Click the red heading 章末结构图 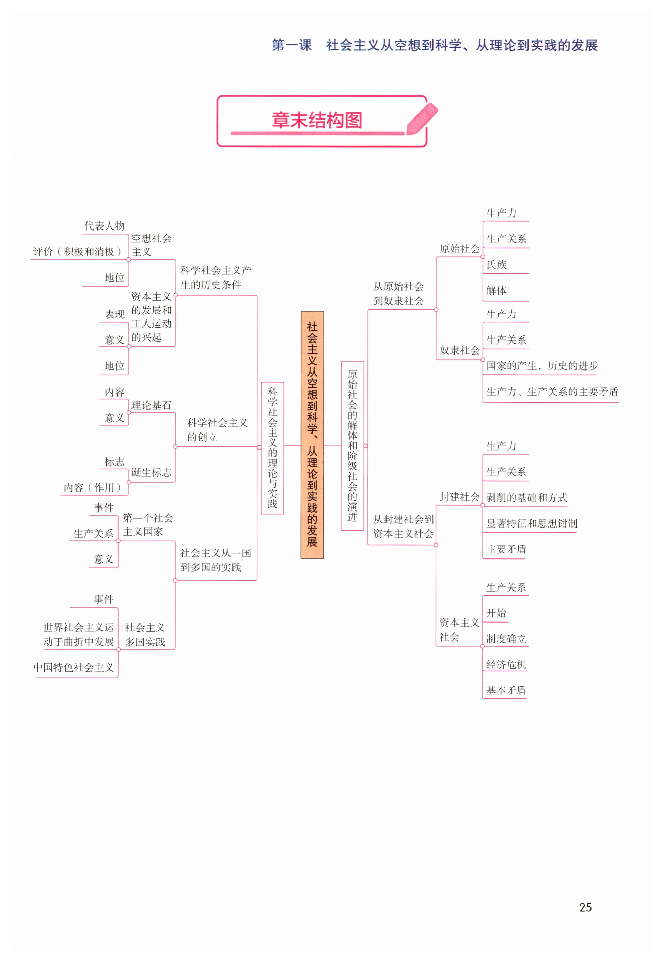click(317, 120)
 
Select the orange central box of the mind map click(312, 434)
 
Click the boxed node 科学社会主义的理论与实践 click(272, 447)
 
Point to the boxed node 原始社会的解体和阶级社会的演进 click(352, 445)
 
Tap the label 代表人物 click(104, 226)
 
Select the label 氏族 click(496, 265)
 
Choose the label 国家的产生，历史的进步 click(542, 366)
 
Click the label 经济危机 click(506, 664)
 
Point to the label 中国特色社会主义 click(74, 667)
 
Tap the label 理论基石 click(151, 405)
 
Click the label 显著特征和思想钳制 click(531, 523)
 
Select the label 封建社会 click(459, 497)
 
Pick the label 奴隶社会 click(459, 350)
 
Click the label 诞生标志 click(151, 472)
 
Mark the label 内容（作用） click(92, 488)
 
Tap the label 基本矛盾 click(506, 690)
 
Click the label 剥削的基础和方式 click(526, 498)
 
